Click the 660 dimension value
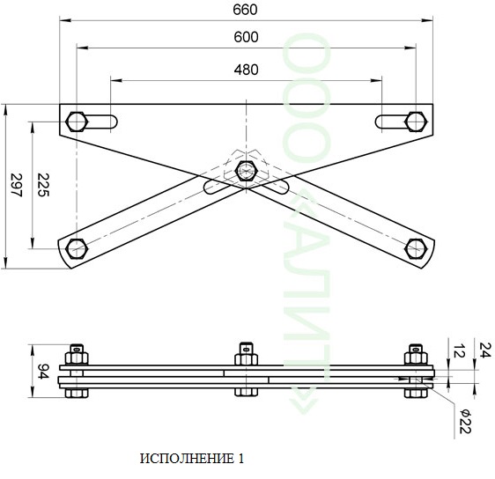coord(245,10)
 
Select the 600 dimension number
coord(246,37)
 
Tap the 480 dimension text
coord(246,70)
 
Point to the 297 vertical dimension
coord(17,185)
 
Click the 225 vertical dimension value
coord(43,185)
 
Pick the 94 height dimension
coord(43,372)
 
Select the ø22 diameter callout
coord(465,421)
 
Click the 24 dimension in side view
coord(485,350)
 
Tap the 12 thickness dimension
coord(459,350)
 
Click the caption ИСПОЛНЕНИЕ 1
coord(192,459)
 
